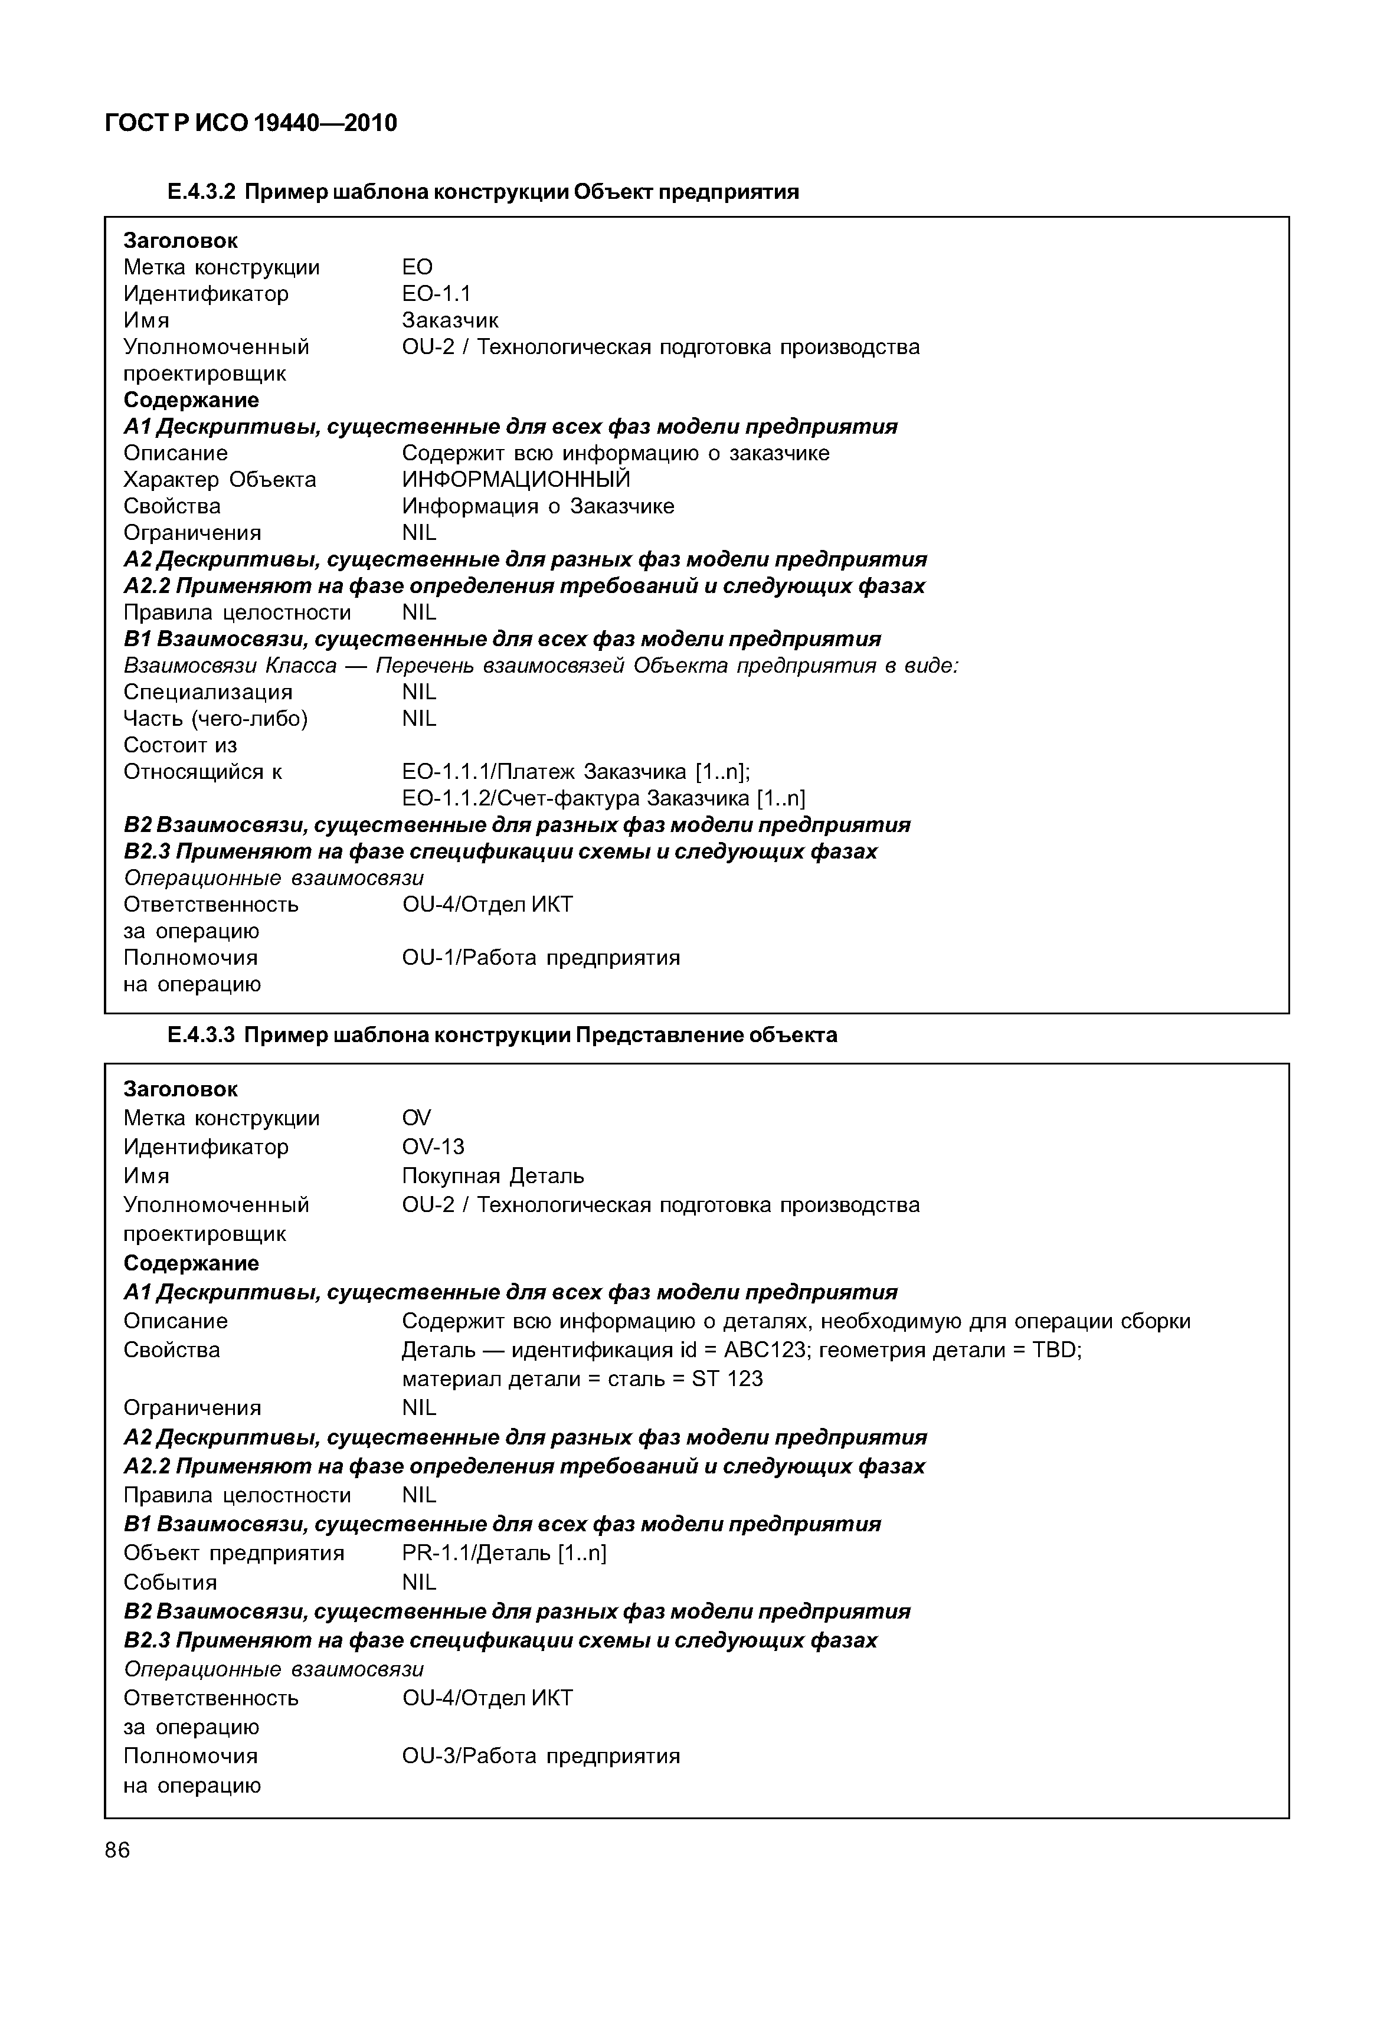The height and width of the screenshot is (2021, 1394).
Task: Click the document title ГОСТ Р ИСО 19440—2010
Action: [x=251, y=123]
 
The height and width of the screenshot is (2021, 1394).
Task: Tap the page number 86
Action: [x=117, y=1850]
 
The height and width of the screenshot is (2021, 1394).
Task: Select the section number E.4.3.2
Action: [x=202, y=192]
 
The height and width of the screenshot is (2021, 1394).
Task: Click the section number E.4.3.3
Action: [x=202, y=1035]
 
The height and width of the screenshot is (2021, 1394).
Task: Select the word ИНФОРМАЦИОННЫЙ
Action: [x=515, y=480]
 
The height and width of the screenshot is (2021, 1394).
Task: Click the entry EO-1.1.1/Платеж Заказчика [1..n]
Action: [x=575, y=772]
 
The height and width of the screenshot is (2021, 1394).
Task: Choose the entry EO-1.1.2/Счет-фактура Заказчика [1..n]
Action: [x=603, y=798]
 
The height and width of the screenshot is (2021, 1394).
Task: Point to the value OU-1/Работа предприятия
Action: [x=541, y=958]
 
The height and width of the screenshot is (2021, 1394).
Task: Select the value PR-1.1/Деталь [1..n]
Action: [x=504, y=1553]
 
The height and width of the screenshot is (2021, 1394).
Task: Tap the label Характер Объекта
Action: [x=219, y=480]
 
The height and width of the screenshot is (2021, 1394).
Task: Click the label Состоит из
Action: [x=180, y=746]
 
